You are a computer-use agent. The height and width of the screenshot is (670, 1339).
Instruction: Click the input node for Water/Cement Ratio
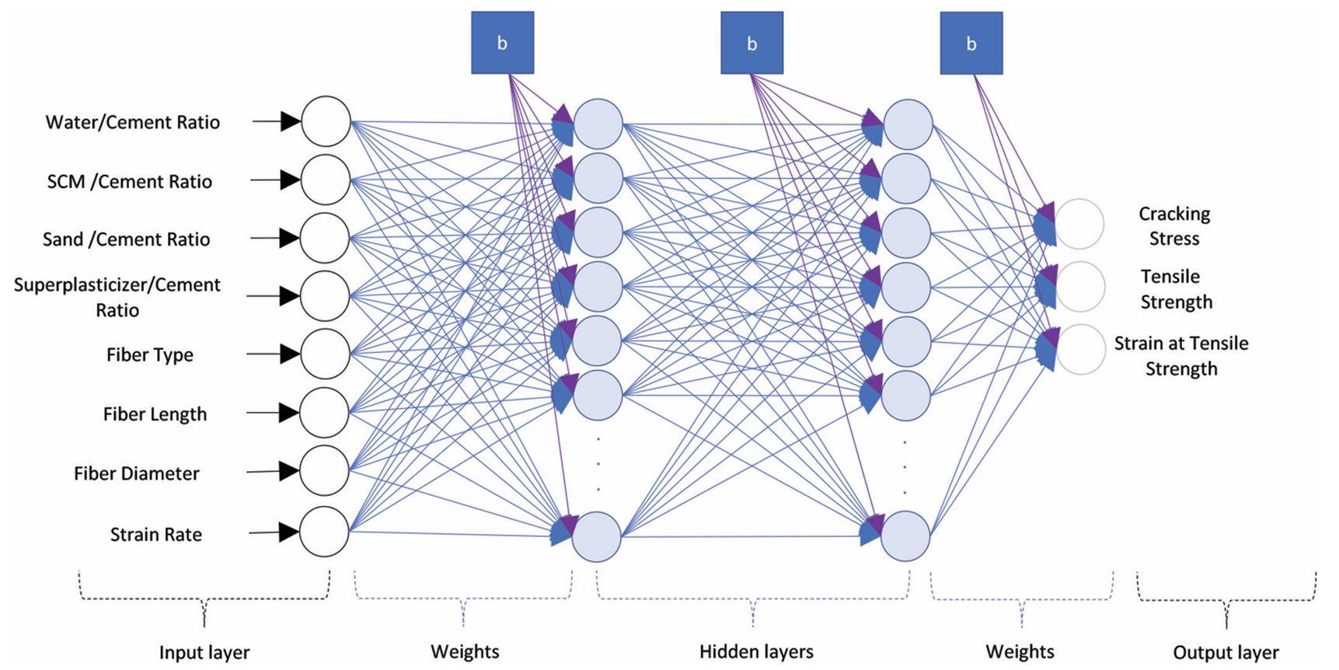[326, 121]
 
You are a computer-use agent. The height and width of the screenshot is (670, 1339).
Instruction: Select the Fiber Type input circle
[325, 354]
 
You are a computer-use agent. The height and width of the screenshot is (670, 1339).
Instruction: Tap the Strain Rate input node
[324, 532]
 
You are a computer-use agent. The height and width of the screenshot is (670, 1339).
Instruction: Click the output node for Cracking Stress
[1079, 224]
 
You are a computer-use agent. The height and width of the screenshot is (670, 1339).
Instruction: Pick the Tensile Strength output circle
[1080, 287]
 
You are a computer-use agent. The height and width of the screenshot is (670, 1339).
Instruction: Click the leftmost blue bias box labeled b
[502, 43]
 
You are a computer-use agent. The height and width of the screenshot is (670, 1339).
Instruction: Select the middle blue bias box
[751, 43]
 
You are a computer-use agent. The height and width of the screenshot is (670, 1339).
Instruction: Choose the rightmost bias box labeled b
[971, 44]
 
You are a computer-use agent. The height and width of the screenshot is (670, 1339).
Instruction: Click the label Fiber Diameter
[137, 473]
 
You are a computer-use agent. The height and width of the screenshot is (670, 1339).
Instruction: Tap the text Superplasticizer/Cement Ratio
[117, 297]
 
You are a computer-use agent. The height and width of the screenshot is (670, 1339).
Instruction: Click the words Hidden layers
[756, 651]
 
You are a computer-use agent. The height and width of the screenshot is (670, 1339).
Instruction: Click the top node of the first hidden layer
[598, 124]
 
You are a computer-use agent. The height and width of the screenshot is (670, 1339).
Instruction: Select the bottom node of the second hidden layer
[906, 536]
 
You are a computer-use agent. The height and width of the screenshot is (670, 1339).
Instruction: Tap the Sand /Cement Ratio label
[126, 239]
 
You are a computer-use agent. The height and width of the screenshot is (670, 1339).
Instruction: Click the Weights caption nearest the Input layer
[465, 651]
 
